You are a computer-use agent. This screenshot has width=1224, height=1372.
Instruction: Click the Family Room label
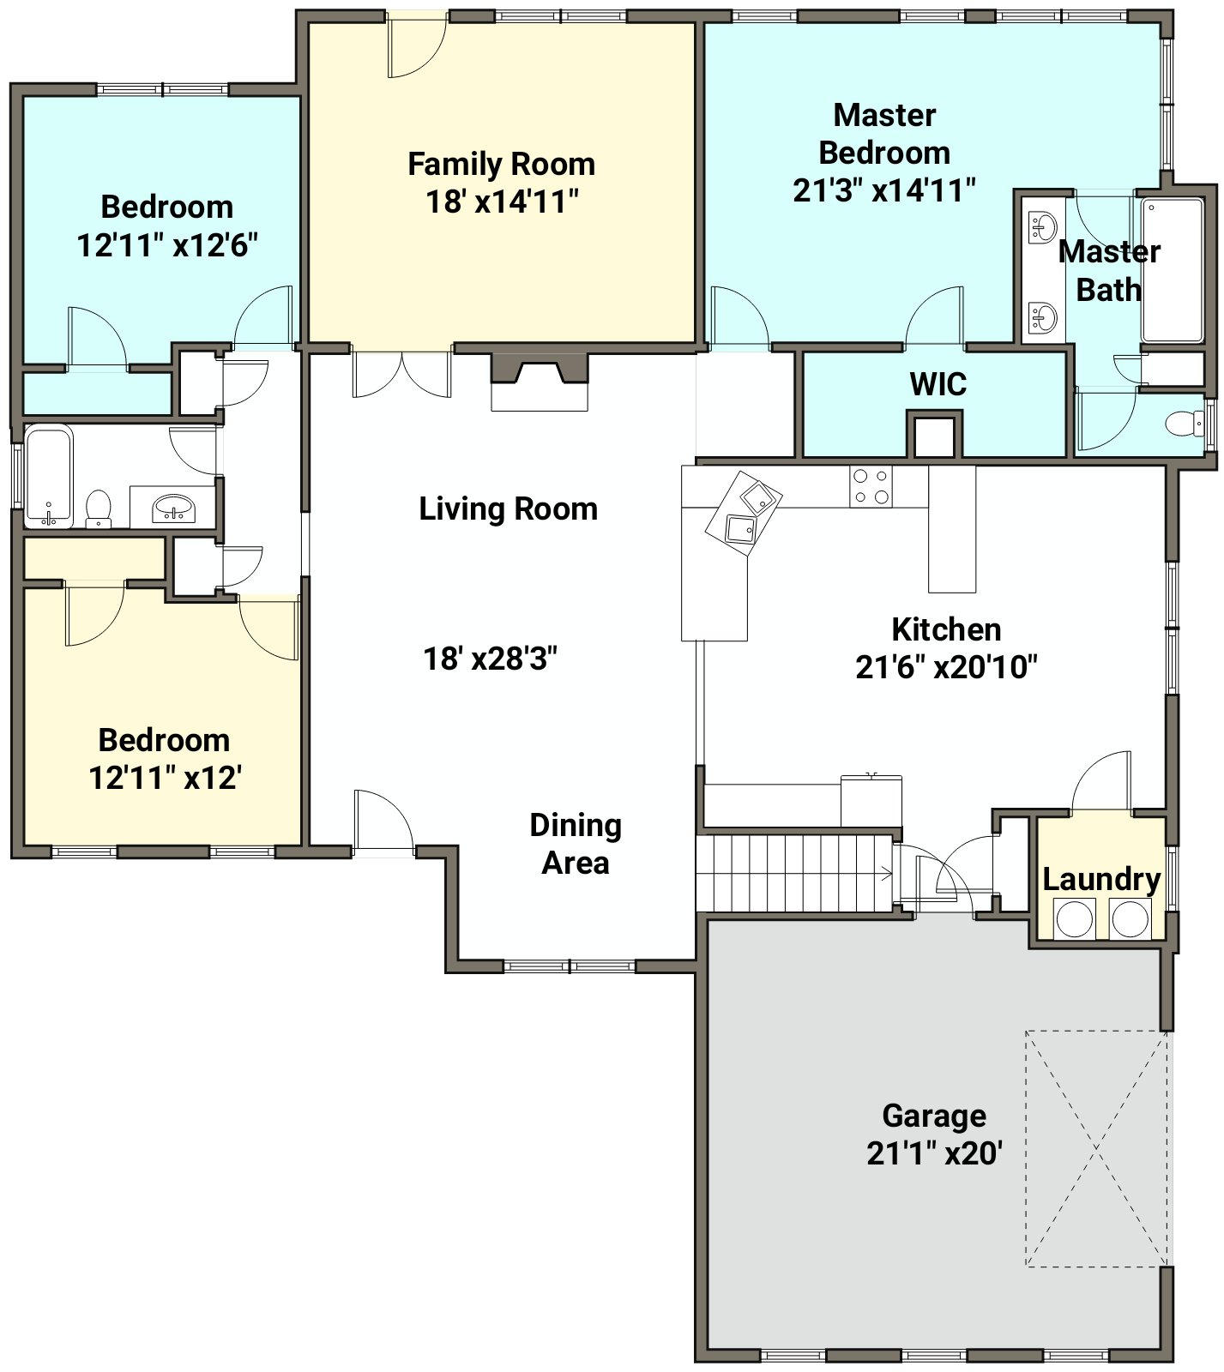[501, 163]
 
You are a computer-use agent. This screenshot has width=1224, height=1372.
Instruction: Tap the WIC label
[938, 384]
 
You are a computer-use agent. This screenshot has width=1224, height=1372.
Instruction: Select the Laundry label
[1101, 879]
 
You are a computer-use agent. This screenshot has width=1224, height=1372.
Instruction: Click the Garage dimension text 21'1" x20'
[934, 1153]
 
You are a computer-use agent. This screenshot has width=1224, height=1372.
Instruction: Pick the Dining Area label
[576, 844]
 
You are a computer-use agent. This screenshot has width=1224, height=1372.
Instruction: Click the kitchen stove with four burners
[871, 486]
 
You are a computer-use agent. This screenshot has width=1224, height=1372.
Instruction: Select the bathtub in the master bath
[1172, 270]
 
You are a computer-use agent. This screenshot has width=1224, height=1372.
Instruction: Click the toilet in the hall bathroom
[99, 507]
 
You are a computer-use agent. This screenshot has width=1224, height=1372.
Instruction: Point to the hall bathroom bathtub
[50, 476]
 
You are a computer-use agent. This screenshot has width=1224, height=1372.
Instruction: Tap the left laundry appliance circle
[1074, 918]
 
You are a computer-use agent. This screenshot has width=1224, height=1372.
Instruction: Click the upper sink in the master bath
[1043, 226]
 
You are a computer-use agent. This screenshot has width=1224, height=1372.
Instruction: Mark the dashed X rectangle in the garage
[1096, 1148]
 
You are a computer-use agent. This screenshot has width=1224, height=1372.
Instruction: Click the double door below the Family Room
[401, 374]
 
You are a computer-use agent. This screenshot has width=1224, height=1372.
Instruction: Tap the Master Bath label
[1109, 270]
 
